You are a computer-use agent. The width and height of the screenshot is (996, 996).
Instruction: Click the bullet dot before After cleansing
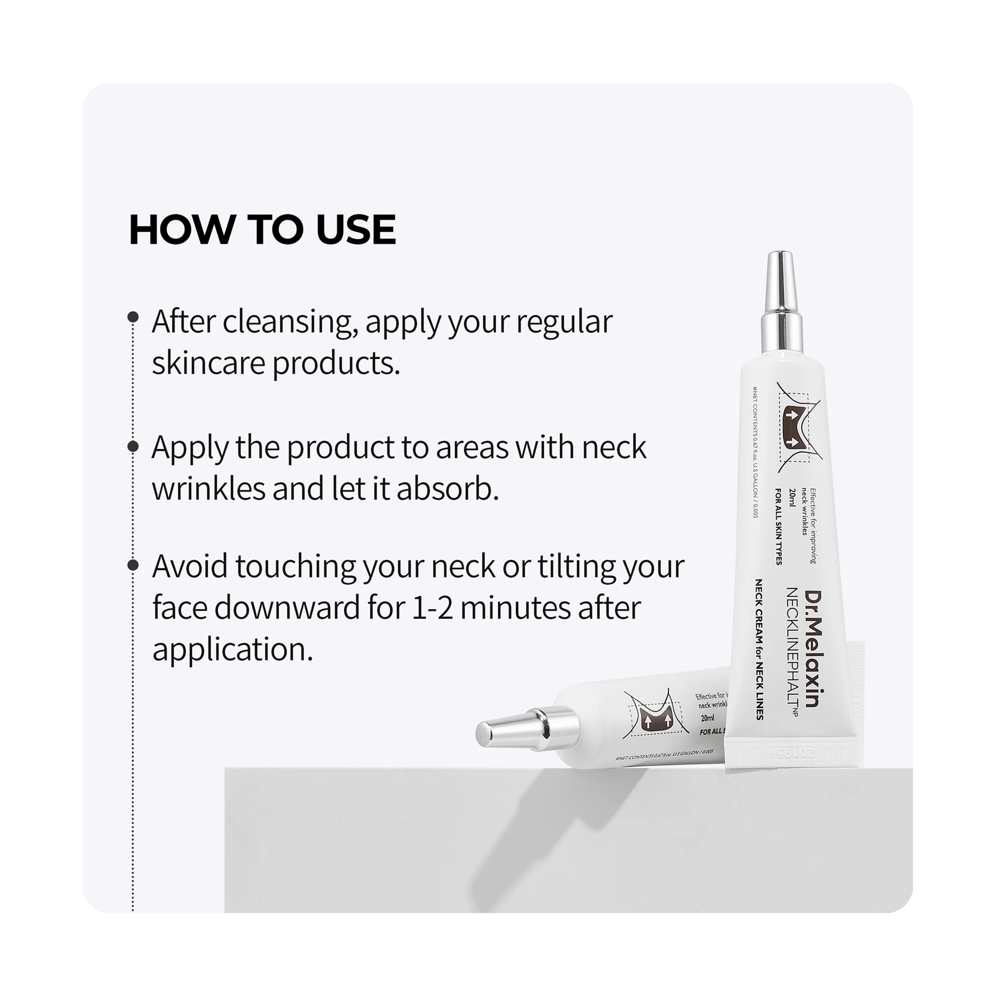tap(133, 316)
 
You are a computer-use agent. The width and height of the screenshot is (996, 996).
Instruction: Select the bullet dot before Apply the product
tap(133, 446)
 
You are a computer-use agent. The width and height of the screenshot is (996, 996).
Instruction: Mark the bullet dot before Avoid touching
tap(133, 565)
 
